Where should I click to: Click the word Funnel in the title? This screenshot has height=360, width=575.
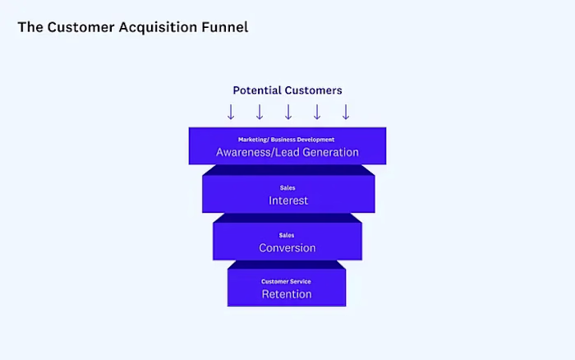[x=225, y=27]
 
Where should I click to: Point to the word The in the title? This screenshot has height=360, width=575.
[x=29, y=27]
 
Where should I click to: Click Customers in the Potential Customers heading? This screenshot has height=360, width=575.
[x=313, y=90]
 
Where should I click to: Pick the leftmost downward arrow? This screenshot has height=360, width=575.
[x=231, y=112]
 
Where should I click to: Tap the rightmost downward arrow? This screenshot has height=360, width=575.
[x=346, y=112]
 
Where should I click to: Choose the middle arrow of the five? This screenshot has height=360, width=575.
[x=288, y=112]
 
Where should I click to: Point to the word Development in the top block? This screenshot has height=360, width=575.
[x=316, y=140]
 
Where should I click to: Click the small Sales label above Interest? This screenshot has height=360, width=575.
[x=287, y=188]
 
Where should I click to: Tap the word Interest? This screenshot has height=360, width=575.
[x=287, y=201]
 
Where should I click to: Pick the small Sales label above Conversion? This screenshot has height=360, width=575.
[x=287, y=236]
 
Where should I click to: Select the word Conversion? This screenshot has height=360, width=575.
[x=287, y=248]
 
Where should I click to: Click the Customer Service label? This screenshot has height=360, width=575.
[x=287, y=282]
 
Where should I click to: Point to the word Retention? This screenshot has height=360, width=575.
[x=287, y=294]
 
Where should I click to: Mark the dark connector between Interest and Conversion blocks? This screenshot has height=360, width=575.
[x=287, y=217]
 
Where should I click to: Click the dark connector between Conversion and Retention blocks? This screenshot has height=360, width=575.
[x=287, y=264]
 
